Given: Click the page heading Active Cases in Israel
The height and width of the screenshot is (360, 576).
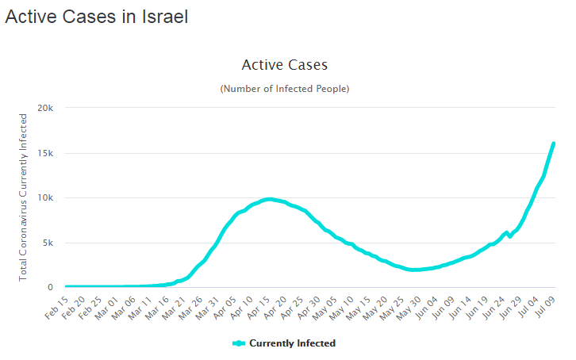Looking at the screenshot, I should (97, 17).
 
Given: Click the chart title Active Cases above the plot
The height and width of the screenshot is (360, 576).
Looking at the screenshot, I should (284, 65).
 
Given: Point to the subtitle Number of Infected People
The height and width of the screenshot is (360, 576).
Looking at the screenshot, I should (284, 88).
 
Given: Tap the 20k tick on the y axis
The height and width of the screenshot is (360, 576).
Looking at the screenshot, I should (45, 108).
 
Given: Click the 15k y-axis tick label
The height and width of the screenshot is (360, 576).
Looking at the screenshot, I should (45, 153).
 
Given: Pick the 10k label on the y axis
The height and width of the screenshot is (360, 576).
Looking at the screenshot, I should (45, 198).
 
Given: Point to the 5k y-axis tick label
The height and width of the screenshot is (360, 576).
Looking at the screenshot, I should (48, 243).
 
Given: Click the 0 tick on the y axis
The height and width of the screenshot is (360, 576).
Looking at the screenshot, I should (50, 288).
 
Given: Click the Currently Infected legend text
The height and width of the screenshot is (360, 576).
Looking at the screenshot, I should (293, 343).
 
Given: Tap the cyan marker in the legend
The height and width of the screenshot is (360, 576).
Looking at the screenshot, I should (239, 343).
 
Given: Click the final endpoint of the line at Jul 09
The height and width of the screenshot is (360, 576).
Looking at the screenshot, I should (553, 144).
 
